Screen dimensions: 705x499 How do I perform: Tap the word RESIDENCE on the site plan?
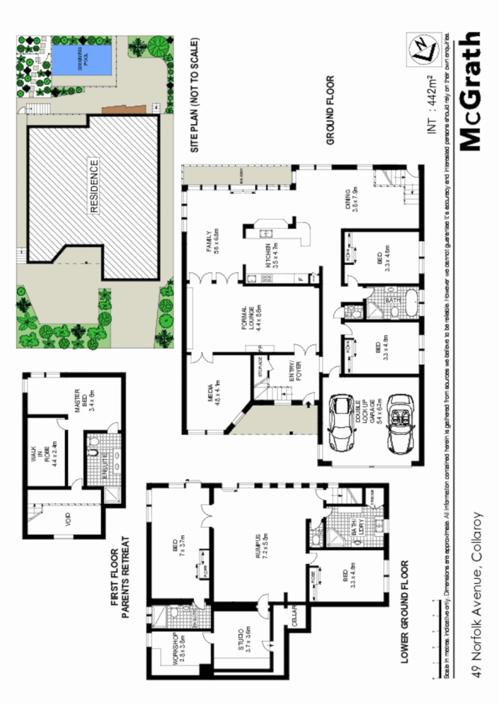pyautogui.click(x=93, y=187)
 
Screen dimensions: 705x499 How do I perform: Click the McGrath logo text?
pyautogui.click(x=469, y=91)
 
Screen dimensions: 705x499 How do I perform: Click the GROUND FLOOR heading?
pyautogui.click(x=330, y=110)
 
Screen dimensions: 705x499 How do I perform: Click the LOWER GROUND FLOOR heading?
pyautogui.click(x=405, y=612)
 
